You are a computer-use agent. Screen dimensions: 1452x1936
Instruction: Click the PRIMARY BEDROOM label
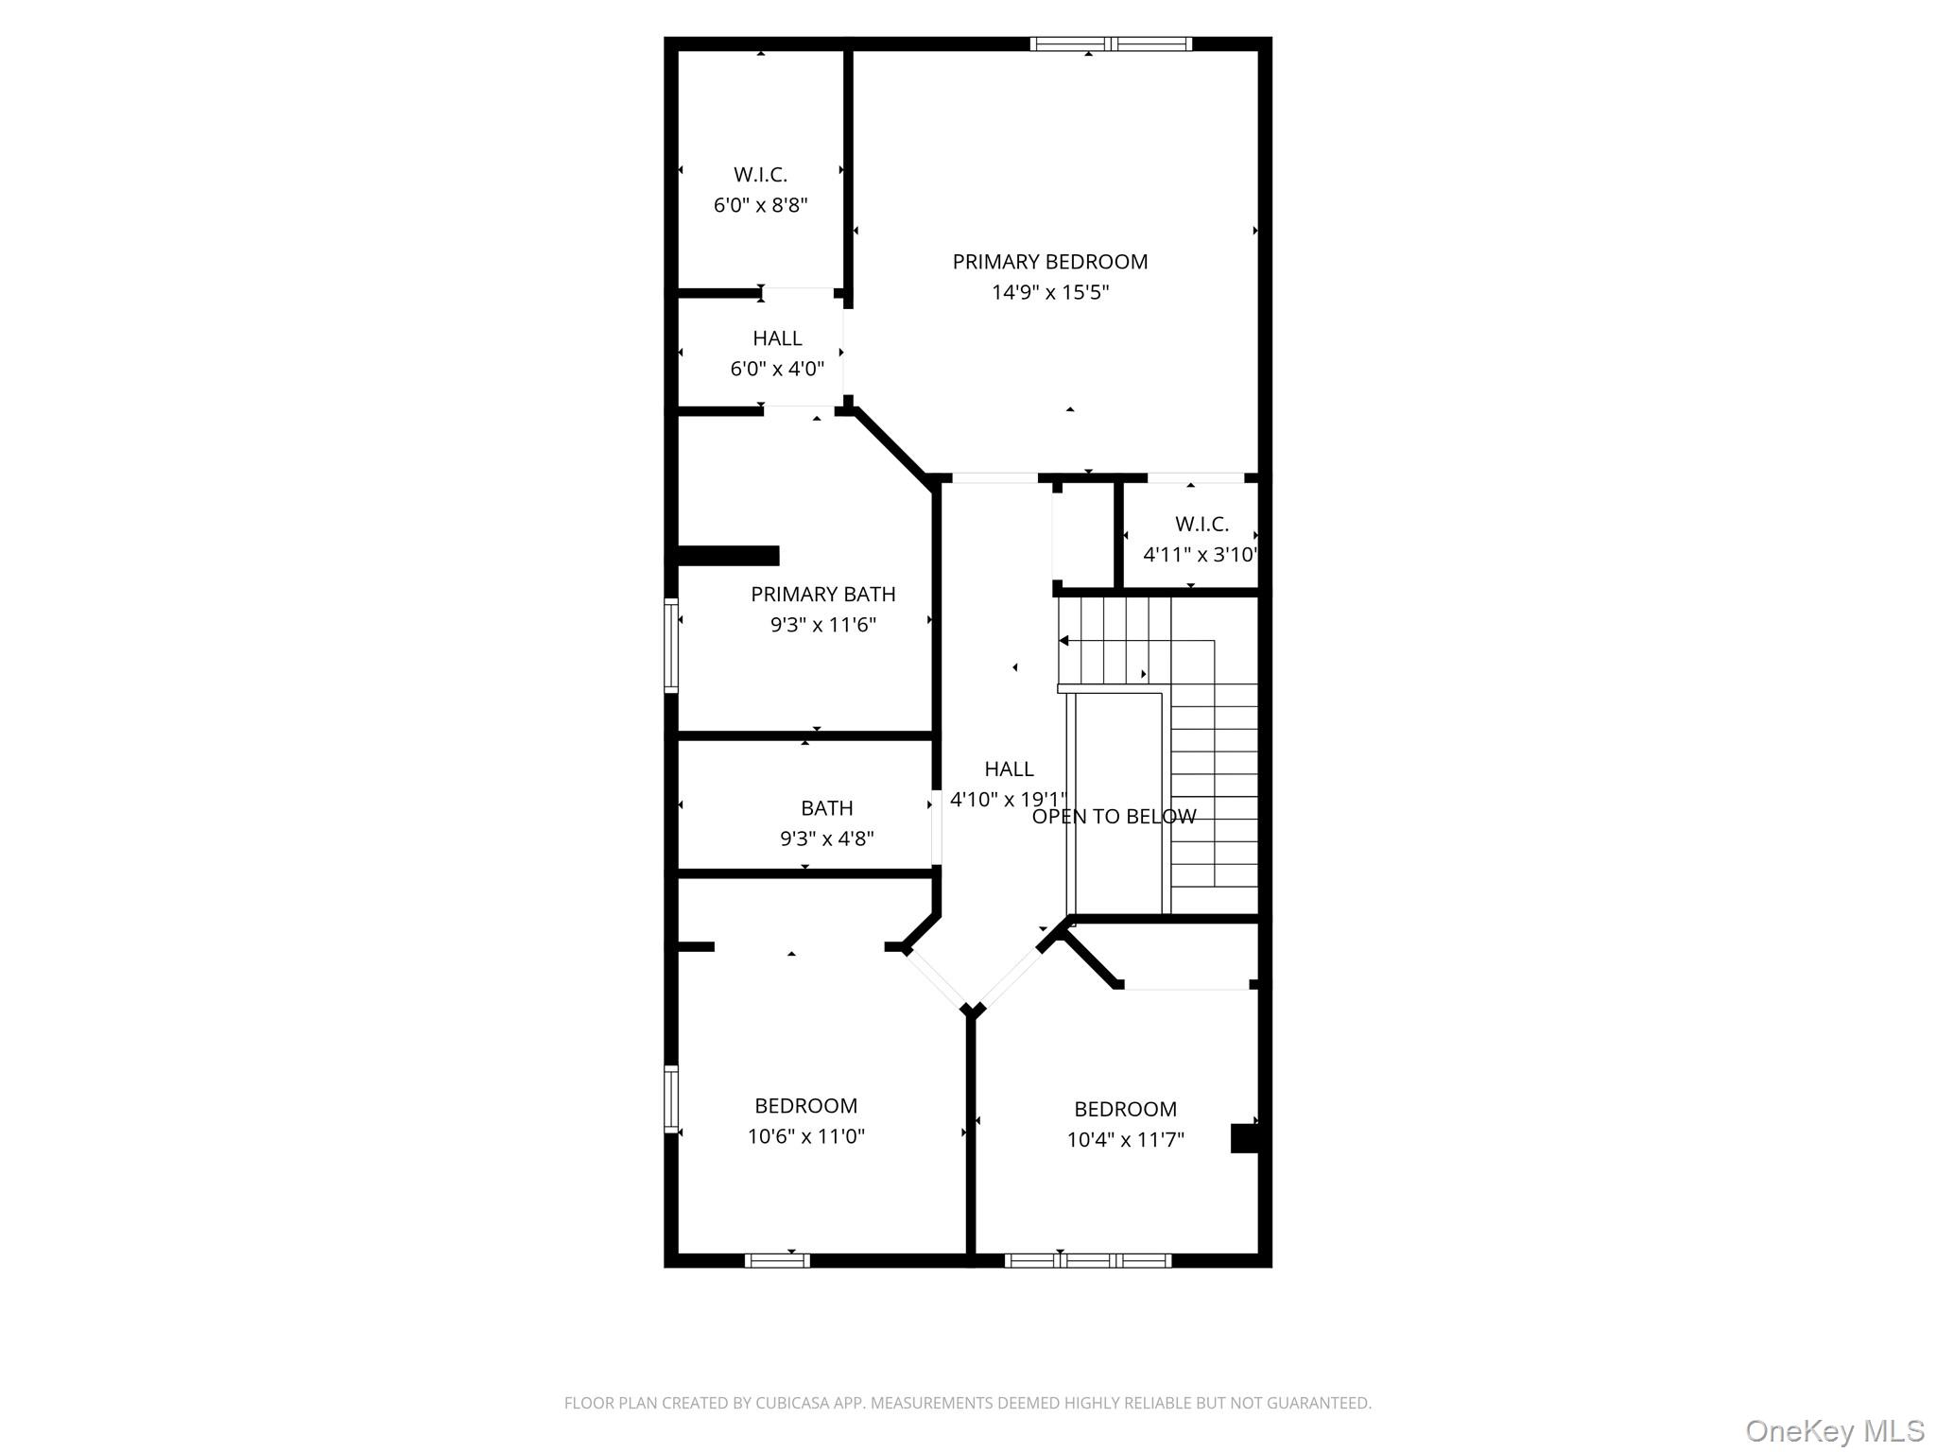click(x=1049, y=262)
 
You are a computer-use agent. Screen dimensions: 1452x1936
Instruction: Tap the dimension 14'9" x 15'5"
click(x=1049, y=292)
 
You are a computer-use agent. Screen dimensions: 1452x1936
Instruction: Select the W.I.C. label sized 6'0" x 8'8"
click(x=760, y=175)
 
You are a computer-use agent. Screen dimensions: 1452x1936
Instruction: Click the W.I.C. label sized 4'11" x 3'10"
click(x=1201, y=524)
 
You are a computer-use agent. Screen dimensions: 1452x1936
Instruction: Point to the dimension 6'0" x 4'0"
click(x=777, y=369)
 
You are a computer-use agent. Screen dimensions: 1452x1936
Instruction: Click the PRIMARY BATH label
click(x=822, y=595)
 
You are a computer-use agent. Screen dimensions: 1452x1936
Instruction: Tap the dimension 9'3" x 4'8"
click(x=826, y=838)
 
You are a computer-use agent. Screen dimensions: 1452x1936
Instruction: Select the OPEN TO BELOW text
click(x=1114, y=817)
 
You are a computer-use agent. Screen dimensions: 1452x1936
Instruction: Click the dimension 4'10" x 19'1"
click(x=1008, y=800)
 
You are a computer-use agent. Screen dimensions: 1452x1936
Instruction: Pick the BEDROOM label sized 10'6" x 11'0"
click(x=805, y=1106)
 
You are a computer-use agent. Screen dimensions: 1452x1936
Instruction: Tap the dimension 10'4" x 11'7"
click(x=1125, y=1140)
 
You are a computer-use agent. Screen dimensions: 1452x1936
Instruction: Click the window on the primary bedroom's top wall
click(x=1111, y=43)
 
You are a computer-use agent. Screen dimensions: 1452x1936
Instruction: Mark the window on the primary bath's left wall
click(x=671, y=646)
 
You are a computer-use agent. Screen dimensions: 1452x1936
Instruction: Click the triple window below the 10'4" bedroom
click(x=1088, y=1260)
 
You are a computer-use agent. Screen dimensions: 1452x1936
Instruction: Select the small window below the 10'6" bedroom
click(x=777, y=1260)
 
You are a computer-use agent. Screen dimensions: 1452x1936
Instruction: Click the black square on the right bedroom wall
click(x=1244, y=1138)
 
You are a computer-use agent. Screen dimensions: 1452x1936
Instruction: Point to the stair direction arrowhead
click(x=1063, y=641)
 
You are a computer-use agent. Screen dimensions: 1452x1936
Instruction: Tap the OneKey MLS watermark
click(x=1834, y=1431)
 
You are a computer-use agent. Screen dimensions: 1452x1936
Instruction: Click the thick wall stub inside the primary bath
click(x=729, y=556)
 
